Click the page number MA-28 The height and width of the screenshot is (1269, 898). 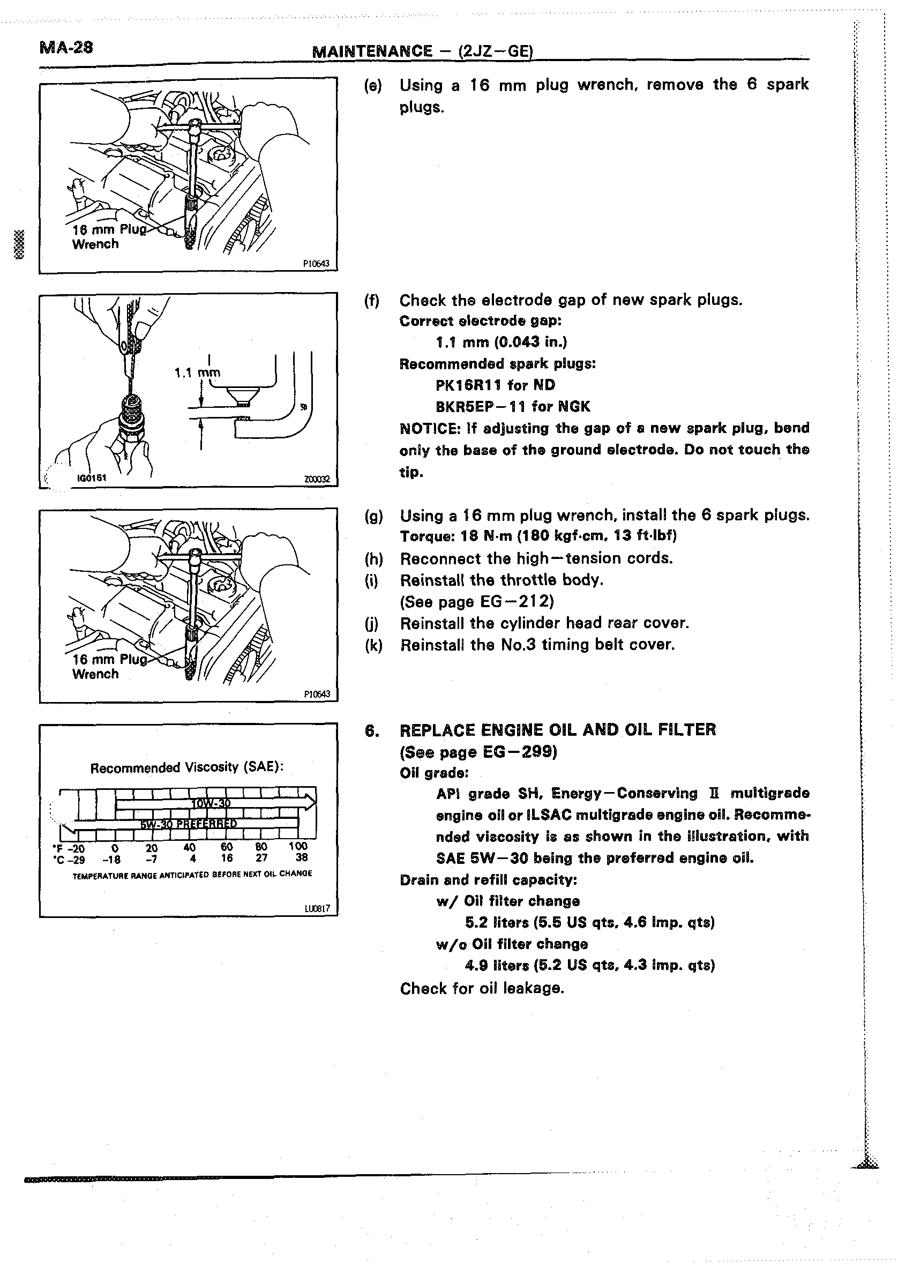(66, 48)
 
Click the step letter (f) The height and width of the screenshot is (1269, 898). (372, 301)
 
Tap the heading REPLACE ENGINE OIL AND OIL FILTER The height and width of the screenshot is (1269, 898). (557, 730)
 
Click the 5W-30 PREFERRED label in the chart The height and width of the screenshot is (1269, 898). (188, 824)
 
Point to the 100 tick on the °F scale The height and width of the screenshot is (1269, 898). (298, 846)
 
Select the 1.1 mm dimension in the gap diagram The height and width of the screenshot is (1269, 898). (197, 373)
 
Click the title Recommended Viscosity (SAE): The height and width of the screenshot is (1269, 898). (187, 767)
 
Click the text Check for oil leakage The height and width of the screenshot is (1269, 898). (482, 988)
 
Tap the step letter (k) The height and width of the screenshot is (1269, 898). (373, 645)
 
